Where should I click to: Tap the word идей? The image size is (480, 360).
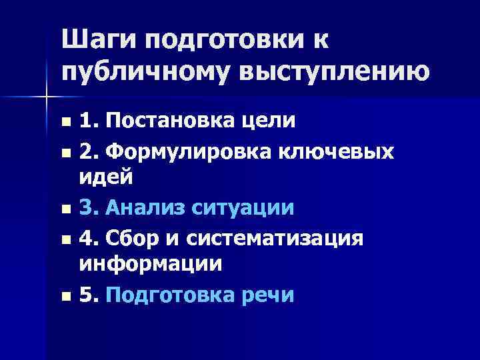pos(106,177)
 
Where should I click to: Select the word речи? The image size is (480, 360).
pos(270,294)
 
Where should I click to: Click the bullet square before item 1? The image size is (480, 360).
pos(65,123)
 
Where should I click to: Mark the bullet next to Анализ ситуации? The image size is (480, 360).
pos(65,209)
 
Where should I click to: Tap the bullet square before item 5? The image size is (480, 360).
pos(65,295)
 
